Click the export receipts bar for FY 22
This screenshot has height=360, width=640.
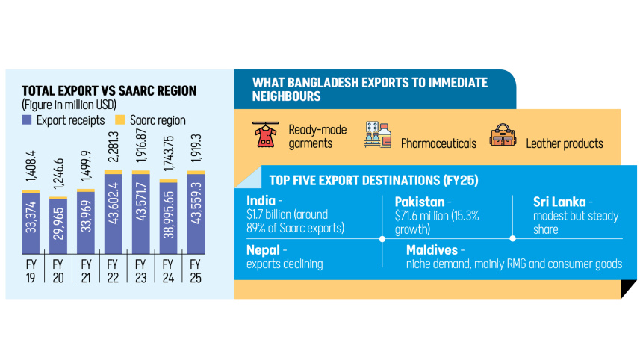pos(113,213)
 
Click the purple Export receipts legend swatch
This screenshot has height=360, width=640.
pos(26,120)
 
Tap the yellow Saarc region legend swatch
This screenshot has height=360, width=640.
pos(119,120)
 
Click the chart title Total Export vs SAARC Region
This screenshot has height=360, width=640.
pos(109,90)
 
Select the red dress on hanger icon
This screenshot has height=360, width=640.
pos(264,134)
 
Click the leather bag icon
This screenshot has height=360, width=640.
pos(503,135)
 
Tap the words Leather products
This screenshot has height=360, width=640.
pos(564,143)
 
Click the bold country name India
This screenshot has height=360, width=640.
pos(261,201)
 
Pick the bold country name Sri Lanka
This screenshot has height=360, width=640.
pos(559,202)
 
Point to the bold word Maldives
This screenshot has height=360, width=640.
pos(432,249)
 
